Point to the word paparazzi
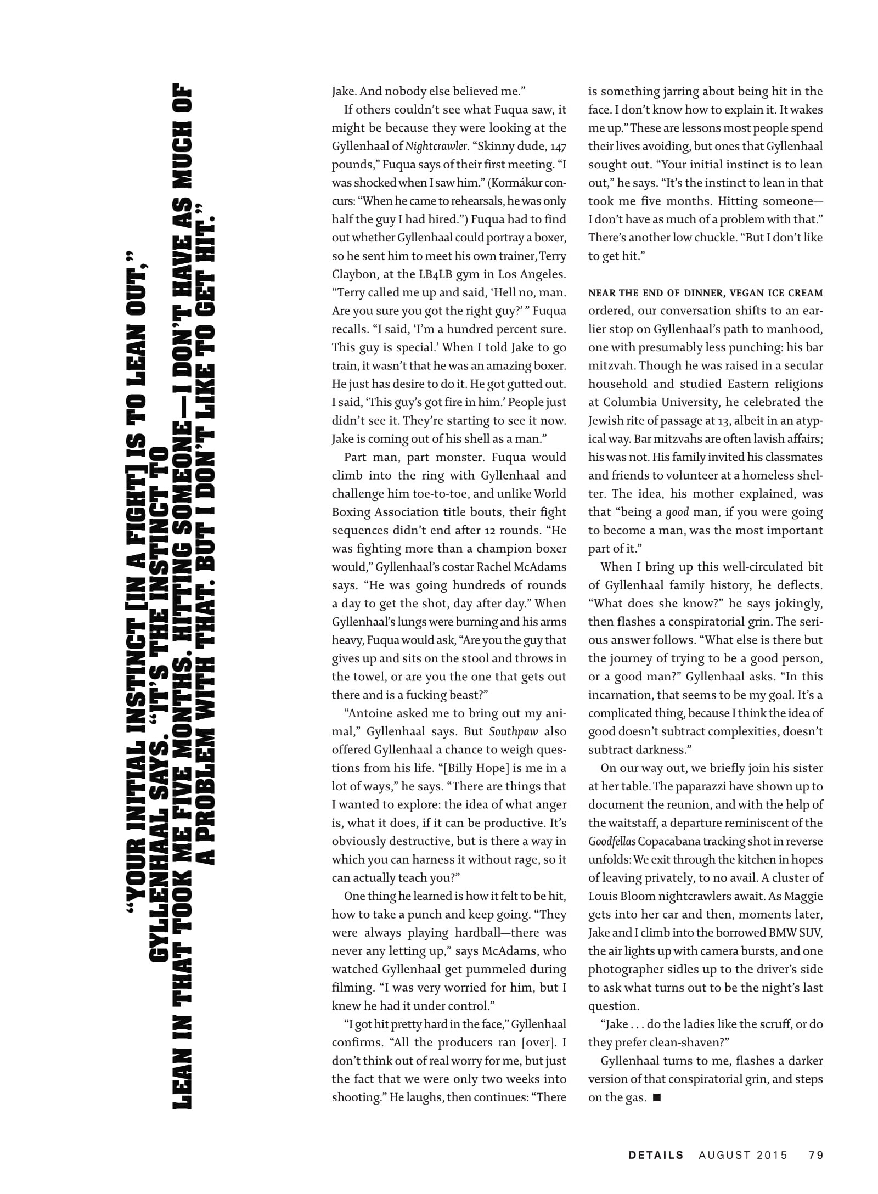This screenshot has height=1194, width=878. point(700,786)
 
